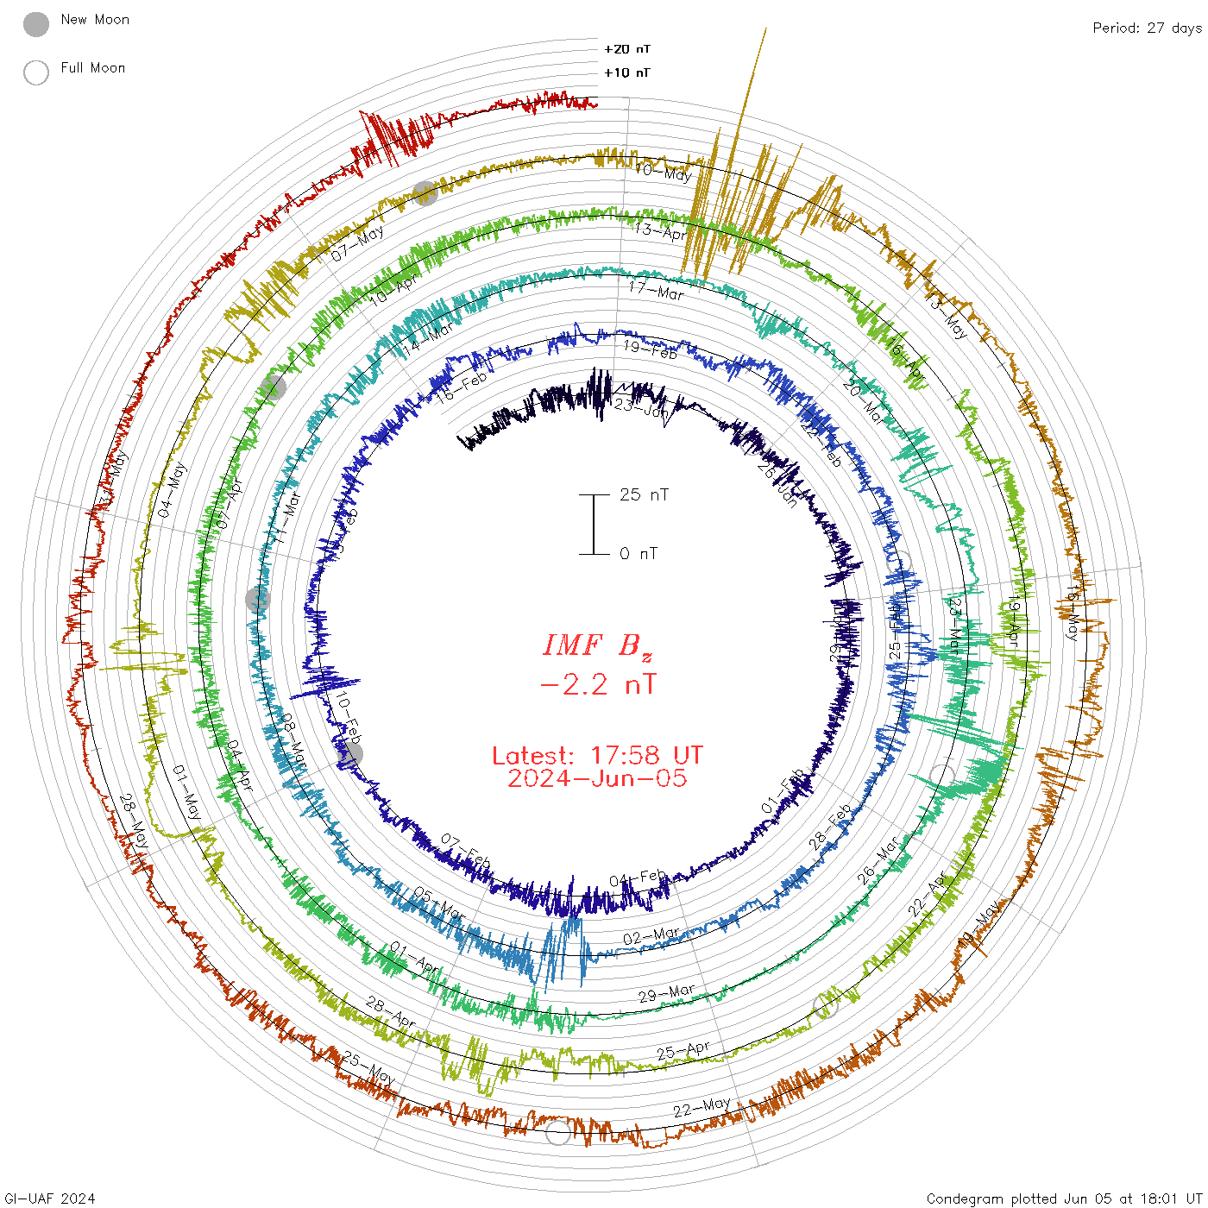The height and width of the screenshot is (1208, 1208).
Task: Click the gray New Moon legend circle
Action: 36,25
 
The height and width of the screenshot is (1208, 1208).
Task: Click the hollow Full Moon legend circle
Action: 36,72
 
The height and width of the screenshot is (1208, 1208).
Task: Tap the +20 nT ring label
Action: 627,49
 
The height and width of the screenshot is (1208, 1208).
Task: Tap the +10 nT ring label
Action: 627,72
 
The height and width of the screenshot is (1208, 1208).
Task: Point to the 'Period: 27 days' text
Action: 1147,28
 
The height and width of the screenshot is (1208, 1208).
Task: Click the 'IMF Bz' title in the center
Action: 597,645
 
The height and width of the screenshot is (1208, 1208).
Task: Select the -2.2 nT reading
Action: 597,685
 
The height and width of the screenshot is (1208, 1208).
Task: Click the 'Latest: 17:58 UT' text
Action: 597,756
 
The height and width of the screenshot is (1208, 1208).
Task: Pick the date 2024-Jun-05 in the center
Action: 597,778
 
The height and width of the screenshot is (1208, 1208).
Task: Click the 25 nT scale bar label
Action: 644,494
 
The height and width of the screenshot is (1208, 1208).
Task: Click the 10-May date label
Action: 663,172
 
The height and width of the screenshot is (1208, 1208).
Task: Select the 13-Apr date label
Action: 660,231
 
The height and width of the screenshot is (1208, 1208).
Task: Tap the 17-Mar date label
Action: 656,291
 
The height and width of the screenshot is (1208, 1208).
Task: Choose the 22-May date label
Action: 702,1106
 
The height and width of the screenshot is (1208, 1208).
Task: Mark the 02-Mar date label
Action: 651,936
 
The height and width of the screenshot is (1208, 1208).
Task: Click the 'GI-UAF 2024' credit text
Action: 50,1199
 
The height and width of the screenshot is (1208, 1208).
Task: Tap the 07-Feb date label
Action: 465,851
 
